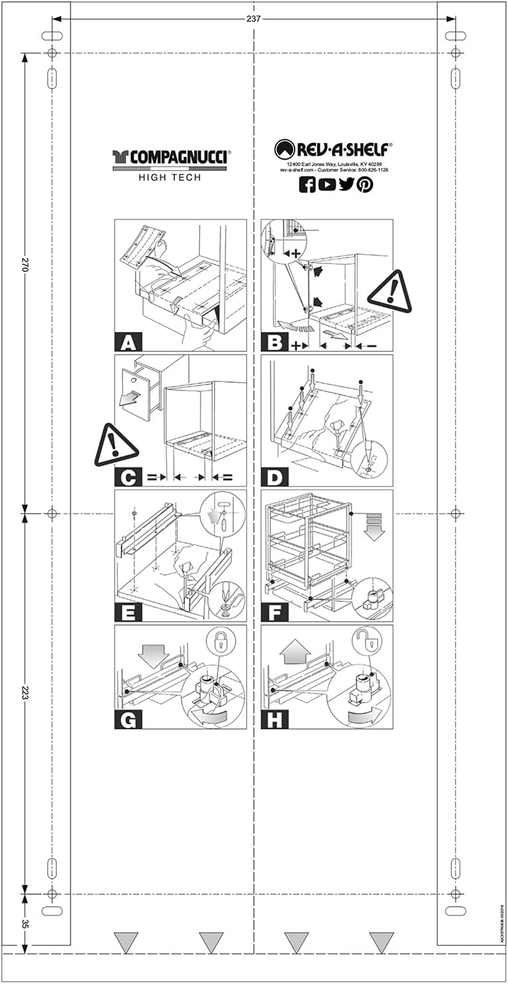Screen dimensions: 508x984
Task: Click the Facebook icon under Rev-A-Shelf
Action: point(307,185)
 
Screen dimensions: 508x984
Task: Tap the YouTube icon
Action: point(327,185)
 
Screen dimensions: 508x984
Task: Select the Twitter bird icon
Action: point(346,185)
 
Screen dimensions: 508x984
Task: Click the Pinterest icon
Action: point(365,185)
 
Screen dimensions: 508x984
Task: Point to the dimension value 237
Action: point(253,19)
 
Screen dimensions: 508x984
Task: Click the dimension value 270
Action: point(25,265)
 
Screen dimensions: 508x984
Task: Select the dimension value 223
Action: point(25,693)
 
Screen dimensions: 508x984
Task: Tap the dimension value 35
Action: point(25,924)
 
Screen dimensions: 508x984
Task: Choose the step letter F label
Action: point(275,613)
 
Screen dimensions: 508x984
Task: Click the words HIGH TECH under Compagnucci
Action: point(170,178)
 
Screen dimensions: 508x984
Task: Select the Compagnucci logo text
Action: point(171,157)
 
